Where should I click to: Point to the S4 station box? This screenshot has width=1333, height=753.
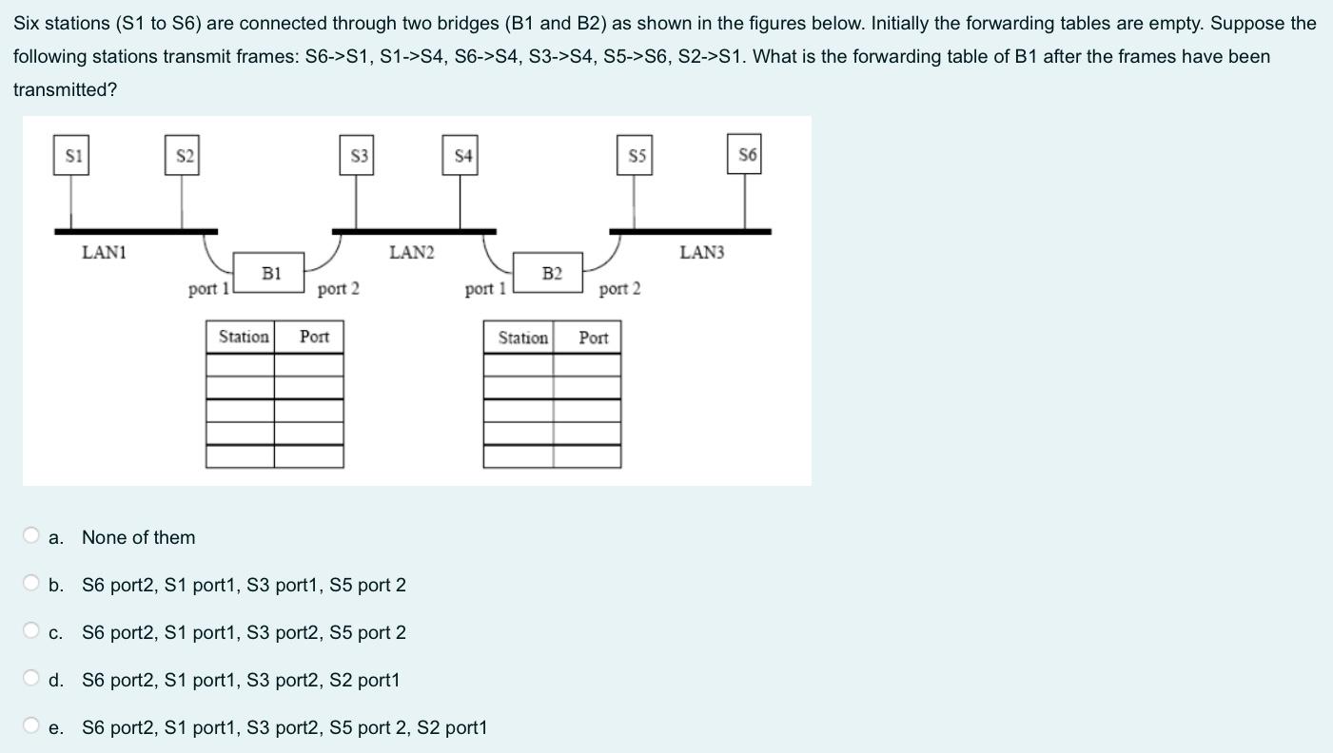point(461,156)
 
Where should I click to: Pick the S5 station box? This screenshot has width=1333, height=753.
point(636,156)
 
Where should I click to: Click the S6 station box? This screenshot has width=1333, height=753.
point(746,155)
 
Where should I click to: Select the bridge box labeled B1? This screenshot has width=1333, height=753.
point(270,273)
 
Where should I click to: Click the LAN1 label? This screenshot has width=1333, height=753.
point(105,253)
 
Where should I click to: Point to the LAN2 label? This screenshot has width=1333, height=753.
point(411,253)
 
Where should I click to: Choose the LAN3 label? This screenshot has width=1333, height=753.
point(701,253)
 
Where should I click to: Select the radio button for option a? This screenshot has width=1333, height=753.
point(31,536)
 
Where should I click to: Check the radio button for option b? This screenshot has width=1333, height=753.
point(31,584)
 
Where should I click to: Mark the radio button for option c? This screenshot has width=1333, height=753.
point(31,631)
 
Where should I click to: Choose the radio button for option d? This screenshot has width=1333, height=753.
point(31,679)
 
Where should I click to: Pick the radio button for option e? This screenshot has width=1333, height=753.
point(31,726)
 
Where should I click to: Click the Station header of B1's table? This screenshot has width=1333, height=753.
point(243,337)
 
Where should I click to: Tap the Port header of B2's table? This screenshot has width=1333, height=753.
point(593,338)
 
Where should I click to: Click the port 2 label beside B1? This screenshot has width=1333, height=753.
point(338,288)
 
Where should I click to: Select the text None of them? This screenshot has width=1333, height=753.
point(138,537)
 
